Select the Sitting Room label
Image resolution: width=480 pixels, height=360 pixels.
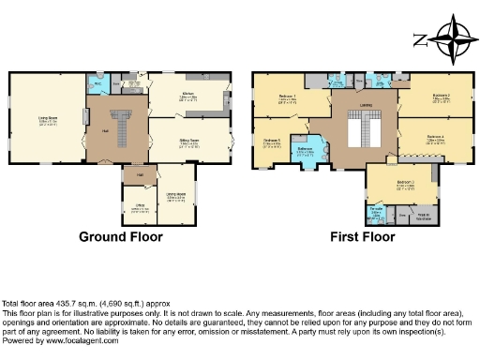[189, 142]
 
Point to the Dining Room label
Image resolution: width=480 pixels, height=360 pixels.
[175, 198]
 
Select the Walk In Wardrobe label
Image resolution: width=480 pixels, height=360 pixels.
[423, 216]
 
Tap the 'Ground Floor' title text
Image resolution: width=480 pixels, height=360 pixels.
[120, 237]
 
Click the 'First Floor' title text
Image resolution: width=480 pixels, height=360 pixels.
[362, 237]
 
